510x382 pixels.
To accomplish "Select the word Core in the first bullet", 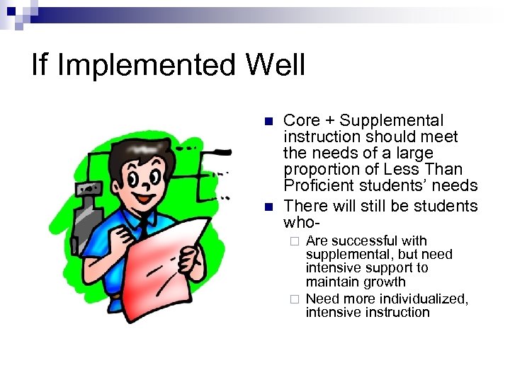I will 302,121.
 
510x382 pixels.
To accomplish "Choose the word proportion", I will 317,170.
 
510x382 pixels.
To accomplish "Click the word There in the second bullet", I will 304,206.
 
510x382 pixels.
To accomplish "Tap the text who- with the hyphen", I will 302,222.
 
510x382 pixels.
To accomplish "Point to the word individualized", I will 423,299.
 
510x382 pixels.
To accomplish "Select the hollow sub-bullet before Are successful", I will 294,242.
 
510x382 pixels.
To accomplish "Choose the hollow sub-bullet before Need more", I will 294,299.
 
